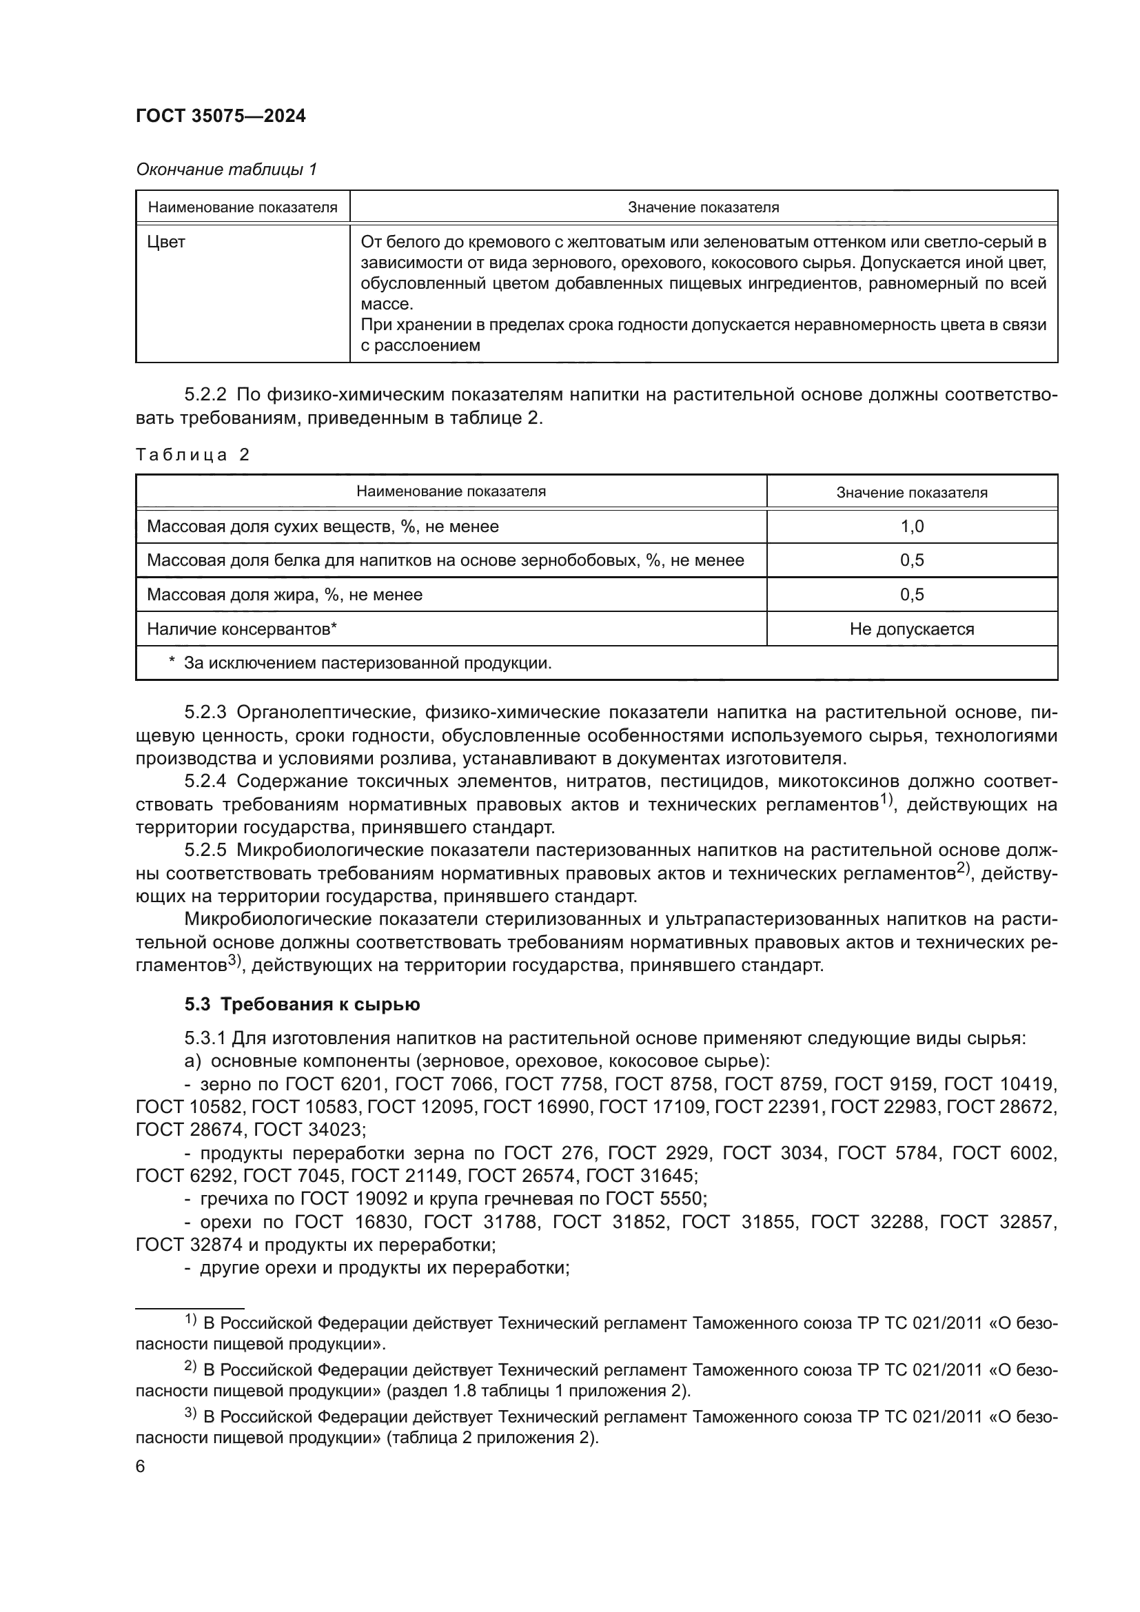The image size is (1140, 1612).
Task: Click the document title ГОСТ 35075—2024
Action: (x=221, y=116)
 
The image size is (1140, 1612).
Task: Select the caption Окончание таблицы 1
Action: (x=226, y=170)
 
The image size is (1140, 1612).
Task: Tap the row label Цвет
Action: (x=165, y=242)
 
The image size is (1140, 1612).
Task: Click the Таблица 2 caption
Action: (x=192, y=455)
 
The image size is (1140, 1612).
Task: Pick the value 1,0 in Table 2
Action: (x=911, y=527)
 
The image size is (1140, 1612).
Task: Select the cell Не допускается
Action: (x=911, y=629)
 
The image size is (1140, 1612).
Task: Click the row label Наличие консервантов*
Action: (x=241, y=629)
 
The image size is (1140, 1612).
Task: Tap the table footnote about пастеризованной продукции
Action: (x=367, y=663)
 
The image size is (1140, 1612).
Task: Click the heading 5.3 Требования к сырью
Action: (x=302, y=1005)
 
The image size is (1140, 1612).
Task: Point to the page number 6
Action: (x=141, y=1467)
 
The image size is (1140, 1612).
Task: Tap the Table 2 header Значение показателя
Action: (x=911, y=492)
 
